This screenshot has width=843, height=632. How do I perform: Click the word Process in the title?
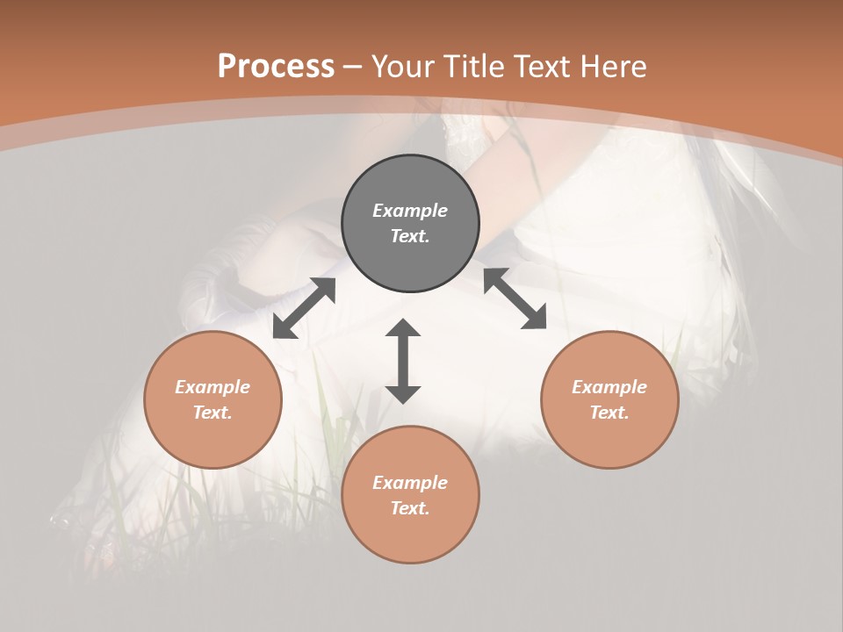click(276, 67)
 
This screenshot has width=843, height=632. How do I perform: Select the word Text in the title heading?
click(541, 67)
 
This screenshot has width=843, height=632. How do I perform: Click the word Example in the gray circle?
click(410, 211)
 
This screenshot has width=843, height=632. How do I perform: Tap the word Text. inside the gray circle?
click(410, 236)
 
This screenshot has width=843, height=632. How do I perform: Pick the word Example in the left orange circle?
click(213, 387)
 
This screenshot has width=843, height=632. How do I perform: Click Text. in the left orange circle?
click(213, 413)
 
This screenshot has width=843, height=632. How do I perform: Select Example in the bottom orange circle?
click(410, 483)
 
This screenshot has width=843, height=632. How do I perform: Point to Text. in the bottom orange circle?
click(410, 508)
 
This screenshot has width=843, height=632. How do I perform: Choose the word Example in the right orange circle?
click(609, 387)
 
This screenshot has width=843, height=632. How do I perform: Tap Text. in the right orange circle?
click(609, 413)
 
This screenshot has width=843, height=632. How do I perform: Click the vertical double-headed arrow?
click(403, 361)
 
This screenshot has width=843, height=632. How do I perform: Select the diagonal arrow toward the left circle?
click(304, 308)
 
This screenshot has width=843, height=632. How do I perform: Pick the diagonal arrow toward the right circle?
click(515, 299)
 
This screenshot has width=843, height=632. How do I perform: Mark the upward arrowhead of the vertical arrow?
click(403, 327)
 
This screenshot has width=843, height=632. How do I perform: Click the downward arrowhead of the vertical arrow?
click(403, 394)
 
